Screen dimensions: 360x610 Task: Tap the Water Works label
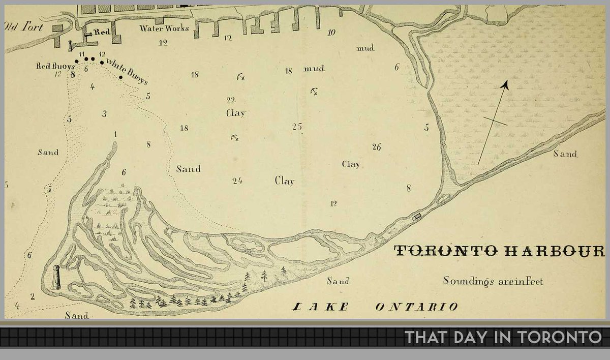[x=164, y=28]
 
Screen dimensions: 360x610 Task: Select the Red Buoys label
[x=55, y=66]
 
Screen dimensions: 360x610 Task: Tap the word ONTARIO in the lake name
[x=416, y=307]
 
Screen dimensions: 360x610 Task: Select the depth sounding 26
[x=376, y=147]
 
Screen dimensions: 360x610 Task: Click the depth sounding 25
[x=297, y=126]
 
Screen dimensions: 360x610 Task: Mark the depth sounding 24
[x=237, y=180]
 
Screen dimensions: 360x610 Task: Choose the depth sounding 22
[x=231, y=100]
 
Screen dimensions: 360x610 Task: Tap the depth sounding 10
[x=331, y=33]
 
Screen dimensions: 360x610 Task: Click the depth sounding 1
[x=116, y=134]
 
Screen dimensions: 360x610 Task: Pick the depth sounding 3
[x=104, y=114]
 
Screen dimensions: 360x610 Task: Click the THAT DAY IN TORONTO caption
[x=503, y=337]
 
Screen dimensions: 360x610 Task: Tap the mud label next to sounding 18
[x=314, y=69]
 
